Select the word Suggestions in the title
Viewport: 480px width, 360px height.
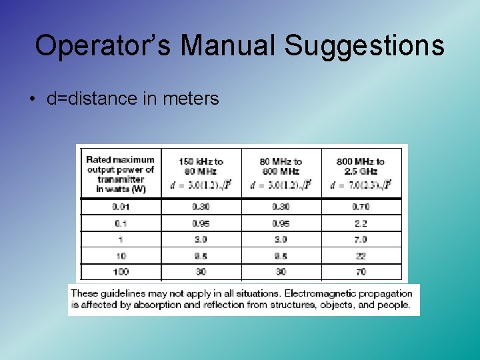(x=365, y=46)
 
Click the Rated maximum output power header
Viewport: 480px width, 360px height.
(x=120, y=173)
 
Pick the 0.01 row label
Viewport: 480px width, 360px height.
(x=121, y=207)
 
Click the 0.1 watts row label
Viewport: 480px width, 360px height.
(x=121, y=223)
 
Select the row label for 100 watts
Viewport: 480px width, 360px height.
(x=121, y=272)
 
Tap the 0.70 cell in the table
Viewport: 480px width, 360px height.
(x=361, y=207)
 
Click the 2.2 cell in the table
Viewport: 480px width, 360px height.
(x=361, y=223)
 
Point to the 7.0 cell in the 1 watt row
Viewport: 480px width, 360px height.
(x=361, y=239)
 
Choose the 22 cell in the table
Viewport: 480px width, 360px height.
(x=361, y=256)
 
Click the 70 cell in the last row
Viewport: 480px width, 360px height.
(x=361, y=272)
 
